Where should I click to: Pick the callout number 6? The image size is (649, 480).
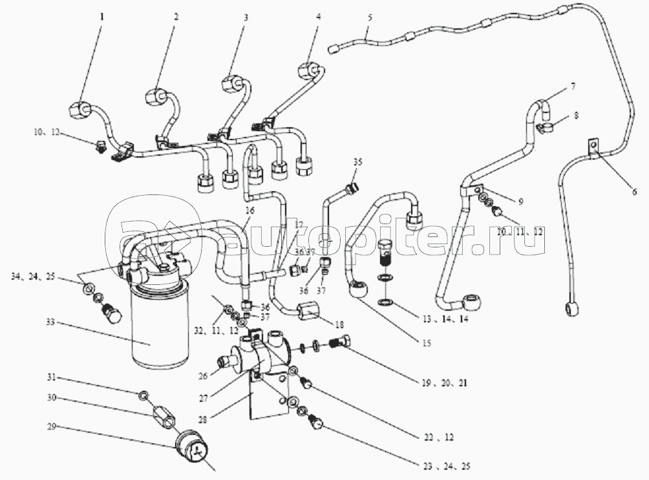(x=634, y=191)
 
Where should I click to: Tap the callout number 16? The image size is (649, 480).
(x=249, y=211)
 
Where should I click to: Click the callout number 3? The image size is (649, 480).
(x=245, y=18)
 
